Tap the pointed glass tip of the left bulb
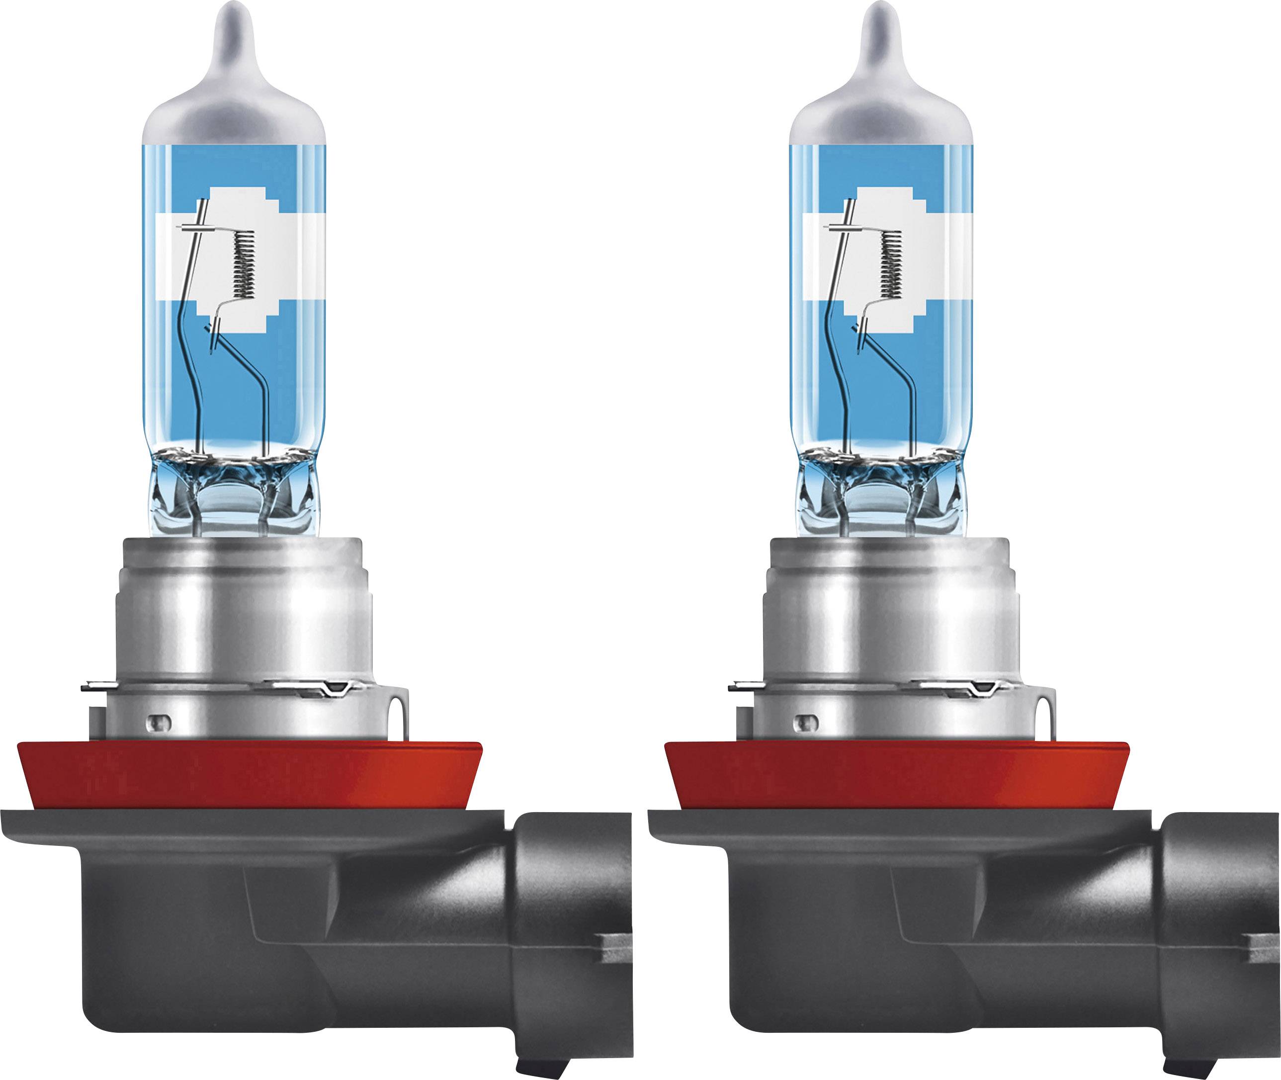(234, 24)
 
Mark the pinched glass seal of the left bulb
(234, 490)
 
